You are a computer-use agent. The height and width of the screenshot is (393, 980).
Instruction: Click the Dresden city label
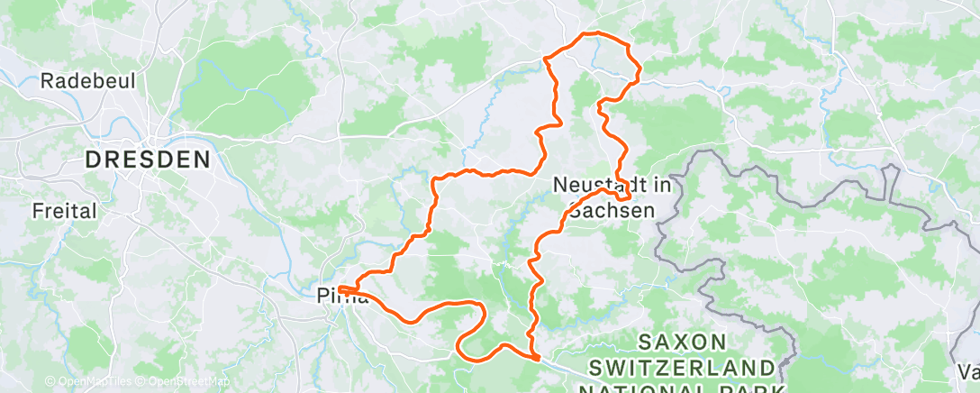148,160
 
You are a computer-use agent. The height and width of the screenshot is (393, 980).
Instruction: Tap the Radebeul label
88,81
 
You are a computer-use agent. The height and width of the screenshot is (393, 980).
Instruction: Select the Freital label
64,212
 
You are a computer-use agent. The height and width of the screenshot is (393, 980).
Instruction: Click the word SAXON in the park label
682,342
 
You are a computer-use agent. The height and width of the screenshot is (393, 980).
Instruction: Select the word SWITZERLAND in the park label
683,368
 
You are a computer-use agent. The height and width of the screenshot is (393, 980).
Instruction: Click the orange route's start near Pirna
341,288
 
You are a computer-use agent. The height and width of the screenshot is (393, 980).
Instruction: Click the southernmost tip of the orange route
539,359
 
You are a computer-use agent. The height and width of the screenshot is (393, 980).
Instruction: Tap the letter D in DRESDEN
93,160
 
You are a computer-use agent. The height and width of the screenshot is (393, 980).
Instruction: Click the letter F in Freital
37,212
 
